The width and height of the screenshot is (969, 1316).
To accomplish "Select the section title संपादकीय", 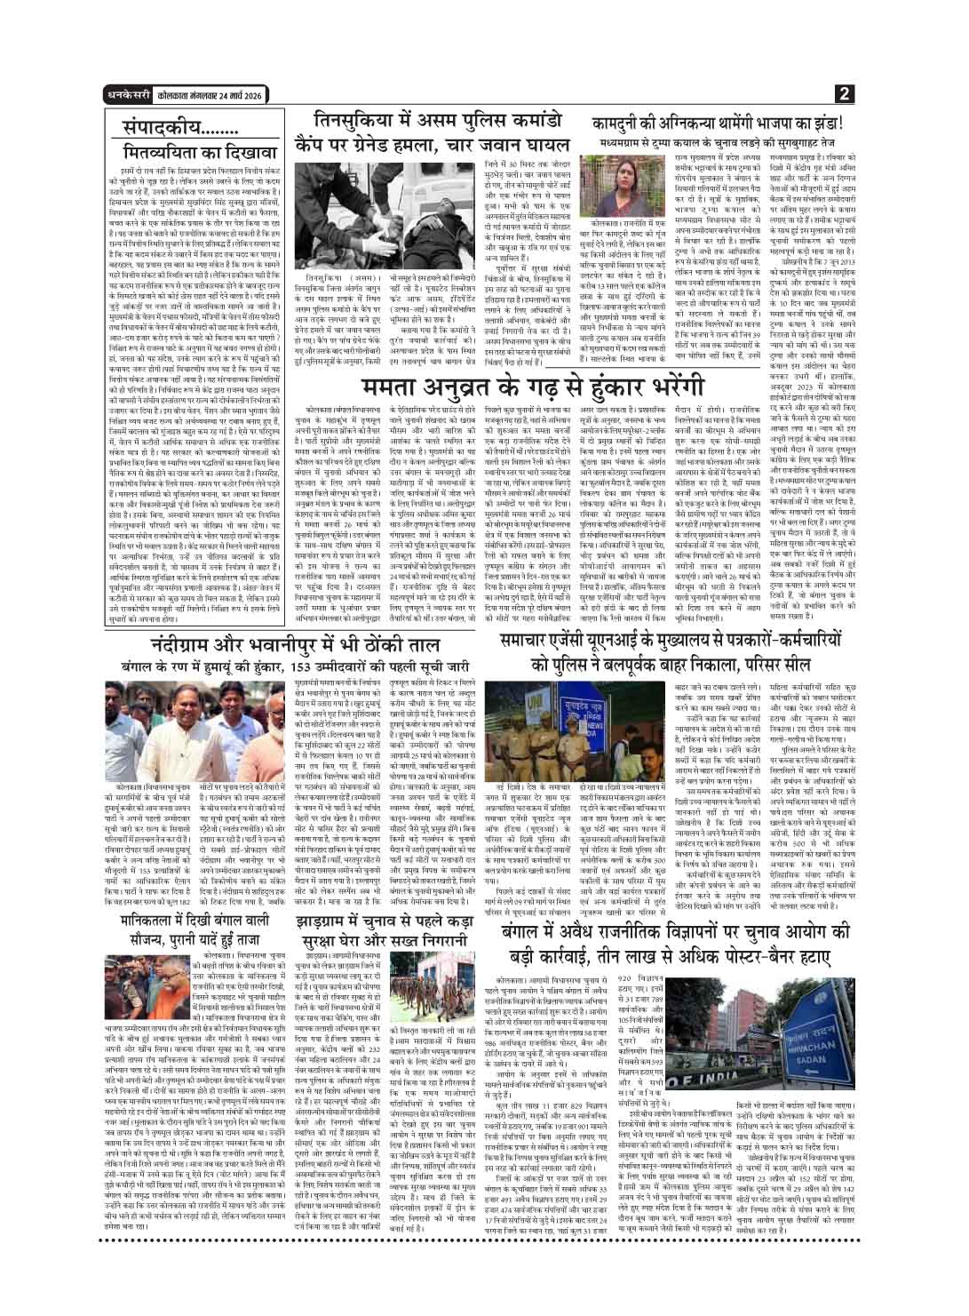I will click(164, 125).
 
